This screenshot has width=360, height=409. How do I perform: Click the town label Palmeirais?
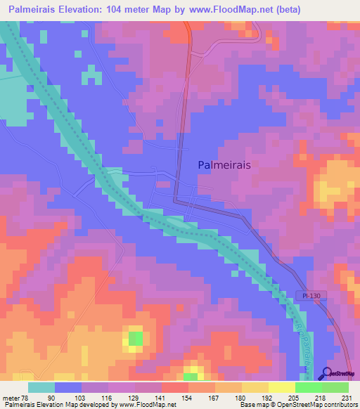(x=224, y=164)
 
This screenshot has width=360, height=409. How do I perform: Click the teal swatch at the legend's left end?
(x=41, y=387)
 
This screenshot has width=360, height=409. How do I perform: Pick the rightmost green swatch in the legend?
(x=335, y=387)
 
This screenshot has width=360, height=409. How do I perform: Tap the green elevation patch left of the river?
(x=135, y=339)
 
